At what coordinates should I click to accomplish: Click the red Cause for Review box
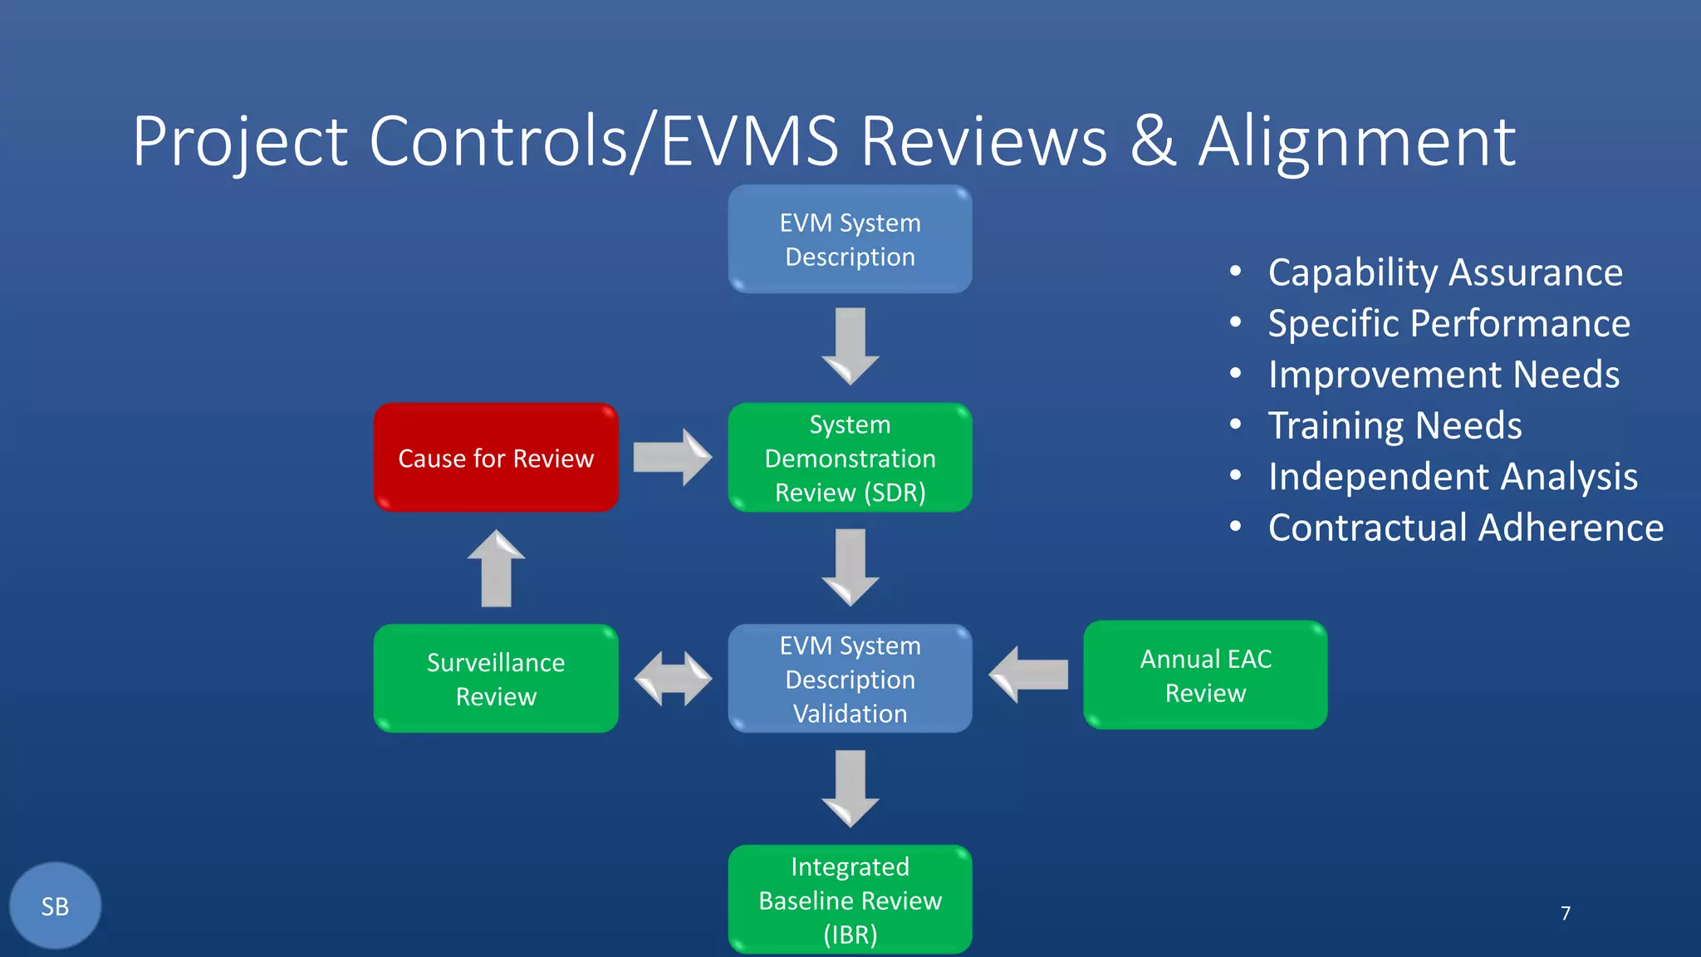click(496, 458)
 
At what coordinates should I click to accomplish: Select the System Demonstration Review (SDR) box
click(850, 458)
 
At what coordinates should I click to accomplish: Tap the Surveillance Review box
click(496, 679)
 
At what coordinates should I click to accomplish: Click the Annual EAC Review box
click(1205, 675)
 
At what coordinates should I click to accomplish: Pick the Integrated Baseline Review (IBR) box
click(850, 900)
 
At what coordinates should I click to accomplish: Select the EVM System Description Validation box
click(850, 679)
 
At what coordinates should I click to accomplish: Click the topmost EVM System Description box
click(850, 239)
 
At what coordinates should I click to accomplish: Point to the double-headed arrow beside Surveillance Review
click(673, 679)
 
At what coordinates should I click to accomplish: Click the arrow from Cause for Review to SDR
click(671, 457)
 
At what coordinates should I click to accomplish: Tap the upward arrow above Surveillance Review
click(496, 569)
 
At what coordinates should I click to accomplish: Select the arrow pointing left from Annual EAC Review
click(1028, 675)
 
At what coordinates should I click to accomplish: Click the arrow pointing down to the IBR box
click(850, 788)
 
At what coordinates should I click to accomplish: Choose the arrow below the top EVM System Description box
click(850, 345)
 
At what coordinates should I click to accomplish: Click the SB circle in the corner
click(55, 905)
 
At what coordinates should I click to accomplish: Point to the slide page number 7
click(1565, 913)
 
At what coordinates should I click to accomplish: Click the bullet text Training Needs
click(1395, 425)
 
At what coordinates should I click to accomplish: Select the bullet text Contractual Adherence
click(1465, 528)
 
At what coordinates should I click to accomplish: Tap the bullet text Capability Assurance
click(1444, 272)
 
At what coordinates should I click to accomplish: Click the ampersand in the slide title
click(1153, 141)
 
